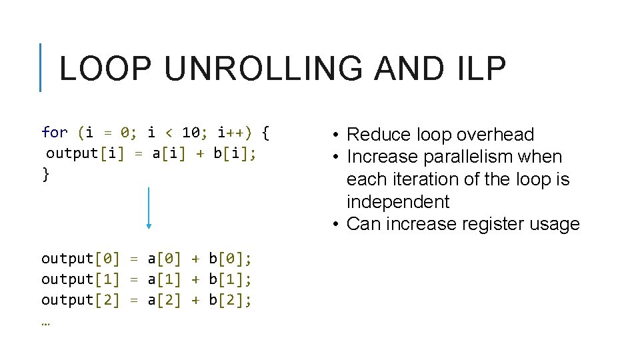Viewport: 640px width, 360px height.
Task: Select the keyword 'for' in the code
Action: point(55,132)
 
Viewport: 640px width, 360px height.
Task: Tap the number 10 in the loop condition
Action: point(191,132)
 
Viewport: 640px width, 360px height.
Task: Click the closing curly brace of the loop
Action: point(45,175)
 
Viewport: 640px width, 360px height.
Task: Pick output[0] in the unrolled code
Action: point(81,258)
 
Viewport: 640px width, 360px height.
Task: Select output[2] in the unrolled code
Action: point(81,300)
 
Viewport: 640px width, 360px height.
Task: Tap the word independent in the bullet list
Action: point(398,202)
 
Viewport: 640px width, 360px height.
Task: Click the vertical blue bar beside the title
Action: point(41,67)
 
